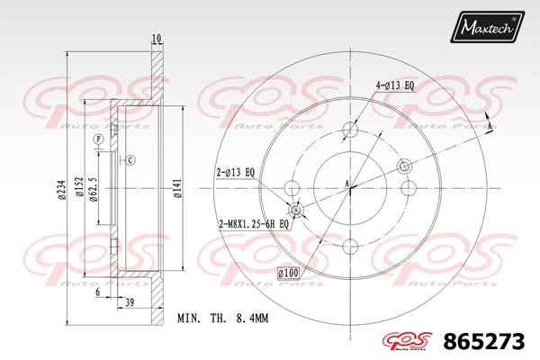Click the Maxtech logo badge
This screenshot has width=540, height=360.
pyautogui.click(x=487, y=26)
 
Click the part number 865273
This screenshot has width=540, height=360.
pyautogui.click(x=484, y=342)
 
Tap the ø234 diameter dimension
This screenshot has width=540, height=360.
pyautogui.click(x=61, y=189)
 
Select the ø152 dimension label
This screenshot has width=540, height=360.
pyautogui.click(x=79, y=186)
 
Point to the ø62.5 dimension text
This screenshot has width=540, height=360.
pyautogui.click(x=94, y=190)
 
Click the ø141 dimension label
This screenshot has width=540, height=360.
pyautogui.click(x=177, y=188)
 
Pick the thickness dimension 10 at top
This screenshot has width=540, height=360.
pyautogui.click(x=157, y=38)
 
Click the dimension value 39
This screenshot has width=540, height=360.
pyautogui.click(x=130, y=302)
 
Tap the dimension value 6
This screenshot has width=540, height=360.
pyautogui.click(x=98, y=292)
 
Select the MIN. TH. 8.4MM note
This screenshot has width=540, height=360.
pyautogui.click(x=222, y=318)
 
